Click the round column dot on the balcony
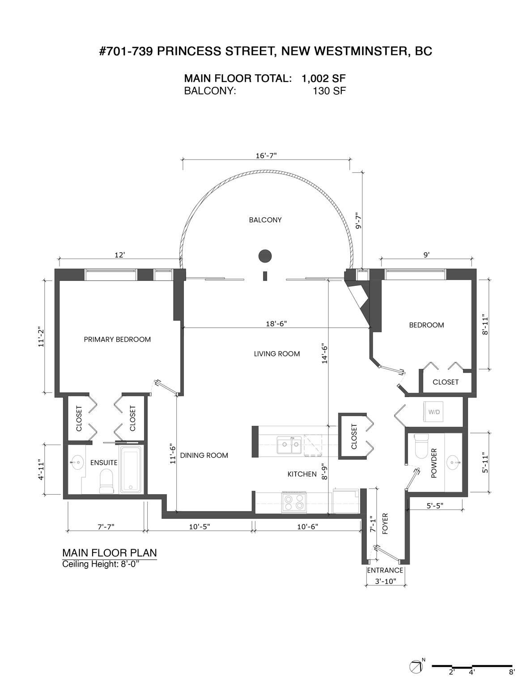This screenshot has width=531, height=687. click(x=265, y=256)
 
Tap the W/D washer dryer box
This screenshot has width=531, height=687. click(x=433, y=411)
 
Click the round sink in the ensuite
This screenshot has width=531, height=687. click(x=77, y=462)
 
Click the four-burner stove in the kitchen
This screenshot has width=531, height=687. click(x=294, y=502)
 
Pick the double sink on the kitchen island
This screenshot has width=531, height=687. click(x=289, y=445)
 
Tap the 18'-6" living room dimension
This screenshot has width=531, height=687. click(x=276, y=323)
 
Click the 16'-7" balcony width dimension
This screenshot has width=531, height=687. click(x=266, y=155)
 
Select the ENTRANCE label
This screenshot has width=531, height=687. click(x=385, y=570)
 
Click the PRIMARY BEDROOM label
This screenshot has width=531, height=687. click(x=117, y=339)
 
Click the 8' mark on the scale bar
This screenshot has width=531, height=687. click(x=511, y=671)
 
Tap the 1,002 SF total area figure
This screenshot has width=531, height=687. click(x=323, y=78)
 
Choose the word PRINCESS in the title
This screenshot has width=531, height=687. click(x=183, y=51)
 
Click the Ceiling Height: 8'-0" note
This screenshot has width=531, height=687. click(x=101, y=564)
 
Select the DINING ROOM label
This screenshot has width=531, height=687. click(x=204, y=455)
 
